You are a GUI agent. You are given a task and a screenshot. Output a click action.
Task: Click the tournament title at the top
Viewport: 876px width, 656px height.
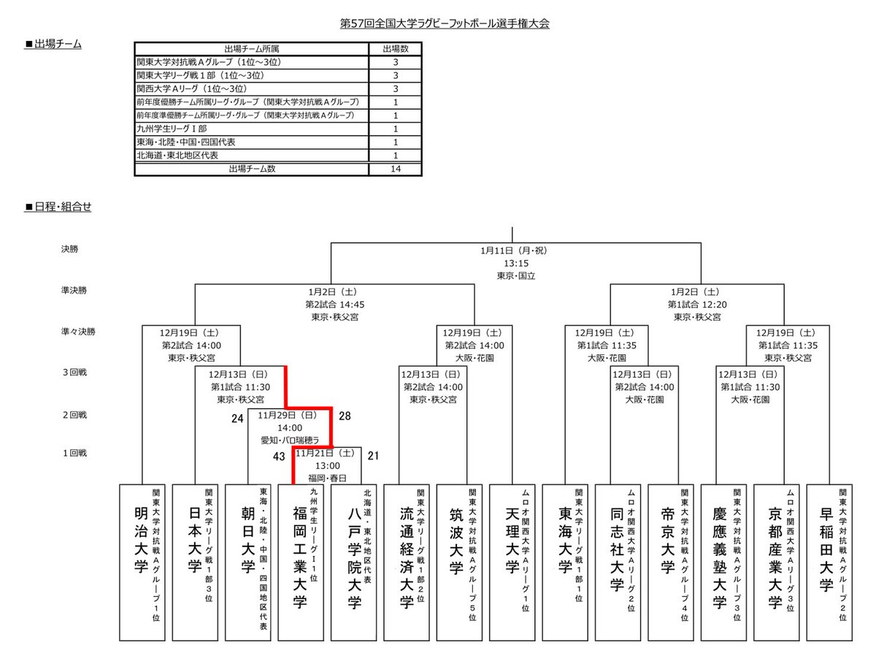click(445, 23)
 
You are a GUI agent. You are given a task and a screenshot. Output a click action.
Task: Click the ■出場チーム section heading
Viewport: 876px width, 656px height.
click(53, 45)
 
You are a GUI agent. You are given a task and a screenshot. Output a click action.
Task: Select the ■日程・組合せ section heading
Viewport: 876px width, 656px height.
click(58, 207)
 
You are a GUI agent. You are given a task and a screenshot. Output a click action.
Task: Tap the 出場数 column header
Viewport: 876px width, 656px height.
click(395, 49)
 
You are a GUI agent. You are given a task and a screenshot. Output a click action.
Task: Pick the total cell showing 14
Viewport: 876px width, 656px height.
click(395, 169)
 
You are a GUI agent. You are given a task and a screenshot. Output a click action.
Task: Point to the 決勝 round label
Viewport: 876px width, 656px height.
click(70, 249)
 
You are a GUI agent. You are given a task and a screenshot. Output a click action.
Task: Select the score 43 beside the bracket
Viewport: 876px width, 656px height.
click(278, 456)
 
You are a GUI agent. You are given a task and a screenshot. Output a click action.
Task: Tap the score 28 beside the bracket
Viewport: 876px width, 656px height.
click(345, 416)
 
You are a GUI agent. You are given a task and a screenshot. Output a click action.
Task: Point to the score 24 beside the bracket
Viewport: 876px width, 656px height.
click(237, 419)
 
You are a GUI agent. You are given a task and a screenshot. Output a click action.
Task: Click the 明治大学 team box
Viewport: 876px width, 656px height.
click(145, 561)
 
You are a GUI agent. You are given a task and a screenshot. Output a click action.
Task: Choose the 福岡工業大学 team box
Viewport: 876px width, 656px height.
click(304, 561)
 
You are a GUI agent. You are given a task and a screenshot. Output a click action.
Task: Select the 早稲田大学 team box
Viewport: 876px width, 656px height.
click(832, 561)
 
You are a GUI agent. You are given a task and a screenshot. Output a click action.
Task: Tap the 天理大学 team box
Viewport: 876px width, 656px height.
click(515, 561)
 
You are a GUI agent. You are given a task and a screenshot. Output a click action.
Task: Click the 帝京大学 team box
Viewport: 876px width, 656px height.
click(674, 561)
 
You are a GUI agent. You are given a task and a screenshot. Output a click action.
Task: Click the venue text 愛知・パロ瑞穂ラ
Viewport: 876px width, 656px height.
click(290, 440)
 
